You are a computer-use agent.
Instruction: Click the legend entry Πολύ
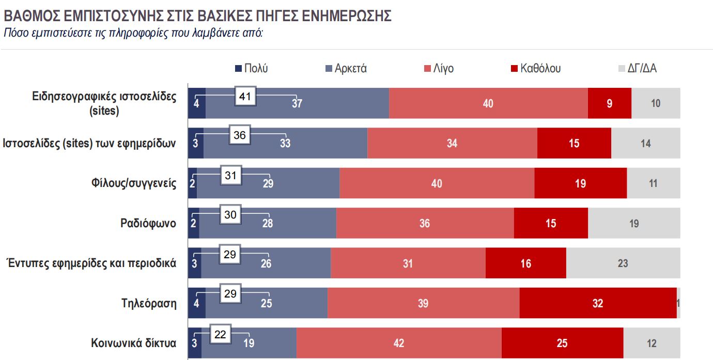252,69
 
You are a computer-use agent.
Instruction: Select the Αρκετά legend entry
346,69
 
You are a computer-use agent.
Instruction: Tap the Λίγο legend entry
439,69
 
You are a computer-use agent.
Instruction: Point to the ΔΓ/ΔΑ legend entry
638,69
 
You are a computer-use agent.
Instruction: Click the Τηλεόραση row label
149,303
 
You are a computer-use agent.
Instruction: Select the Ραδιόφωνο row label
148,224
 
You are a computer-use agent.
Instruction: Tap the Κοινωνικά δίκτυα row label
134,343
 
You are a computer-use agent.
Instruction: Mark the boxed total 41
245,96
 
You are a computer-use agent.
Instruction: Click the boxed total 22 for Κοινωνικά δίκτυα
221,335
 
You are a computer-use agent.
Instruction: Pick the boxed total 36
240,136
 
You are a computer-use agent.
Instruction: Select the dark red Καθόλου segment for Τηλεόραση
598,303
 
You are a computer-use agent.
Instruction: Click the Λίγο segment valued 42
399,343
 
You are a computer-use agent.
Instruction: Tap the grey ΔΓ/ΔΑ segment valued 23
623,263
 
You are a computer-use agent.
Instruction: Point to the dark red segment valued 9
610,103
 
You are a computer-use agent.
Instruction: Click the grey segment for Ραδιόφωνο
634,224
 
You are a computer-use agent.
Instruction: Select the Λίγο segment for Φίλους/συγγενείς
437,183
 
